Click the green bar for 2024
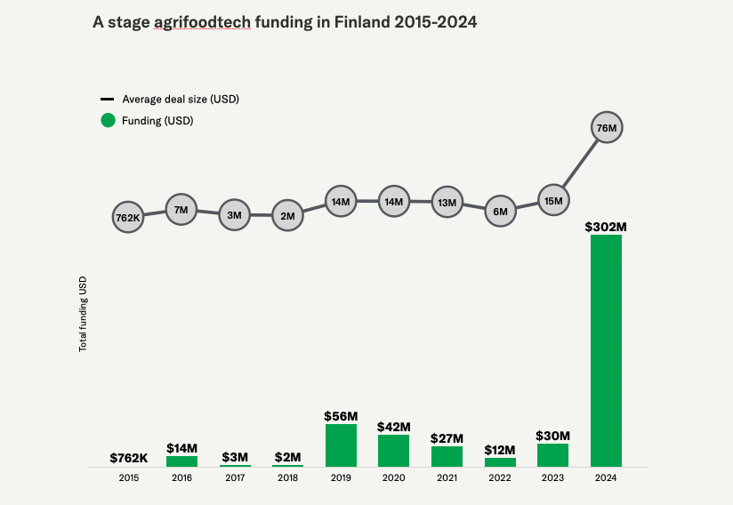(606, 351)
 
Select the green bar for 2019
(341, 445)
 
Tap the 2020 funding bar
(393, 451)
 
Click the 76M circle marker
(607, 128)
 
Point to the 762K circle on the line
(128, 217)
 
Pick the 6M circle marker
(500, 212)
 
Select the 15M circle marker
(552, 201)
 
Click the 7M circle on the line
(181, 210)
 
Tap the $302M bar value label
(606, 227)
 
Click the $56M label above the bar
(341, 416)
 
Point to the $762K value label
(128, 458)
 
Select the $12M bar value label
(500, 450)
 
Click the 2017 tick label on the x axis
(234, 478)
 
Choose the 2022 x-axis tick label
(500, 478)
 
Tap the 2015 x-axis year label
(128, 478)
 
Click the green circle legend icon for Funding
(108, 120)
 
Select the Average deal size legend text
(181, 99)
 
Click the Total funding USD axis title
(84, 313)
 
